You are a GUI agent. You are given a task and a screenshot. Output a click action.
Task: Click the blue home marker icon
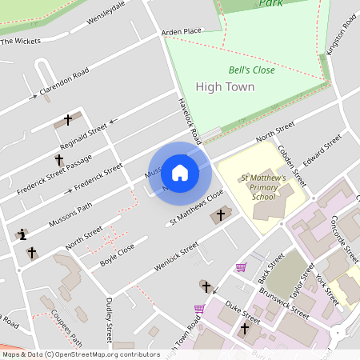pyautogui.click(x=180, y=172)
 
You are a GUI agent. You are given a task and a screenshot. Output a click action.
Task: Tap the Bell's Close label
pyautogui.click(x=251, y=70)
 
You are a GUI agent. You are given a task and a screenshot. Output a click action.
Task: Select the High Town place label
pyautogui.click(x=225, y=87)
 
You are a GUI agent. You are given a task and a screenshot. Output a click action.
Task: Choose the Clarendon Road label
pyautogui.click(x=64, y=84)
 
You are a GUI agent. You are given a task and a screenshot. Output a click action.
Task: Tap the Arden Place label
pyautogui.click(x=182, y=32)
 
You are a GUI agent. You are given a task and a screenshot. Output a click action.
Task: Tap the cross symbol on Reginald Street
pyautogui.click(x=68, y=120)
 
